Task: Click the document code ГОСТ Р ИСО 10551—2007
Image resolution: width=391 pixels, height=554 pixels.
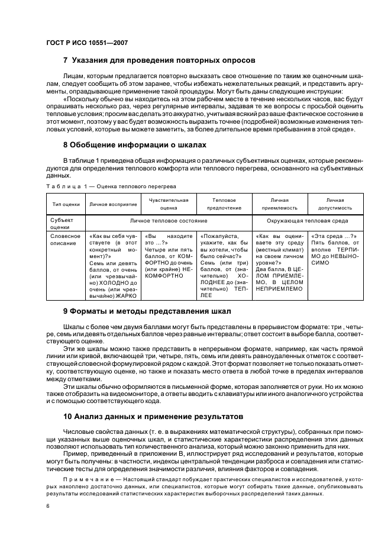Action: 87,43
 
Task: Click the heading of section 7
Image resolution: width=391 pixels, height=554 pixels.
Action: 159,60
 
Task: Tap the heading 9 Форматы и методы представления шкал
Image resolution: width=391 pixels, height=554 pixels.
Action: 147,311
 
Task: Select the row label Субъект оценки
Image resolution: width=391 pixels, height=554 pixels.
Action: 62,223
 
